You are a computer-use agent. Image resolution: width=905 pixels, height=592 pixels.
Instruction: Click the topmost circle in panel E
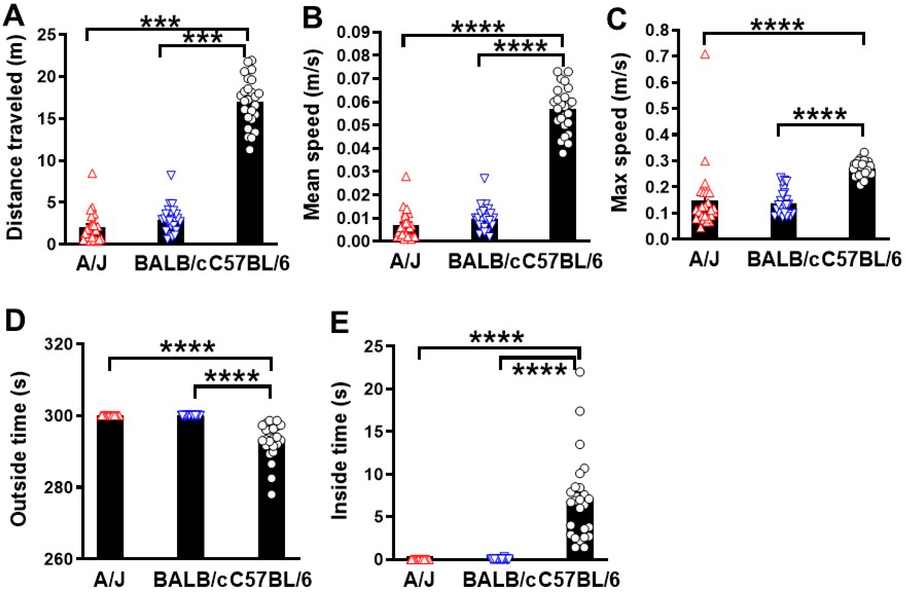click(x=580, y=372)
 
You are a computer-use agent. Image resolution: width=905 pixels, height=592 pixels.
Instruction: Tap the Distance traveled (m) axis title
click(x=15, y=137)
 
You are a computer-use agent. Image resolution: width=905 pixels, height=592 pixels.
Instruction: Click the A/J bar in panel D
click(x=110, y=490)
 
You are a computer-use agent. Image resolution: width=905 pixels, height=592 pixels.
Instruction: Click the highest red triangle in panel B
click(x=406, y=177)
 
